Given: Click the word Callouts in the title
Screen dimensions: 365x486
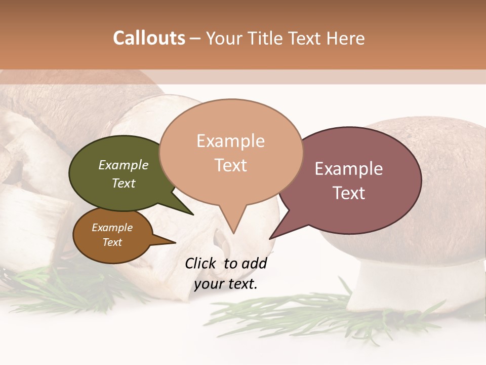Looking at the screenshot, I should click(x=149, y=38).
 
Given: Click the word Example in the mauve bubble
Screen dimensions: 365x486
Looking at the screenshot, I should click(x=349, y=169).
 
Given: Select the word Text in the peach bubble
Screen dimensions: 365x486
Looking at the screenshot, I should click(x=231, y=165).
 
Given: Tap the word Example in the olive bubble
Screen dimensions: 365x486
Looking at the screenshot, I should click(x=124, y=165).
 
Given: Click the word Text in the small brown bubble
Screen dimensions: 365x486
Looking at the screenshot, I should click(x=112, y=242).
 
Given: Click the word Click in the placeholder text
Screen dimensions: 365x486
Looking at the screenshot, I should click(x=200, y=263).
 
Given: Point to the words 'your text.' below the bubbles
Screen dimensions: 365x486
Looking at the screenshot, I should click(x=226, y=284).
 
